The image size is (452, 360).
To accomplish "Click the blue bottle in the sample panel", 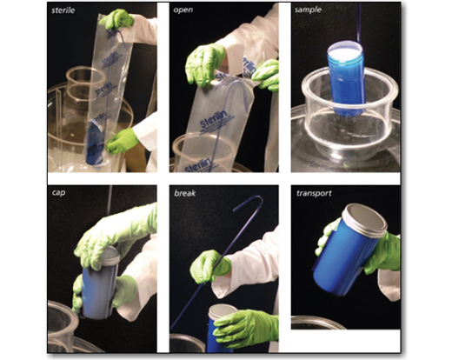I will click(x=345, y=78).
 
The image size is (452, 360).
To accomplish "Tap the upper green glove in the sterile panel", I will click(x=117, y=19).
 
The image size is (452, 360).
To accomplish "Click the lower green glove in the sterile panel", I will click(x=122, y=140).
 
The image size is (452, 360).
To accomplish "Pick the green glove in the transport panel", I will click(x=382, y=252).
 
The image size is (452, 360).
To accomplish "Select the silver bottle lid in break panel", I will click(x=221, y=310).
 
